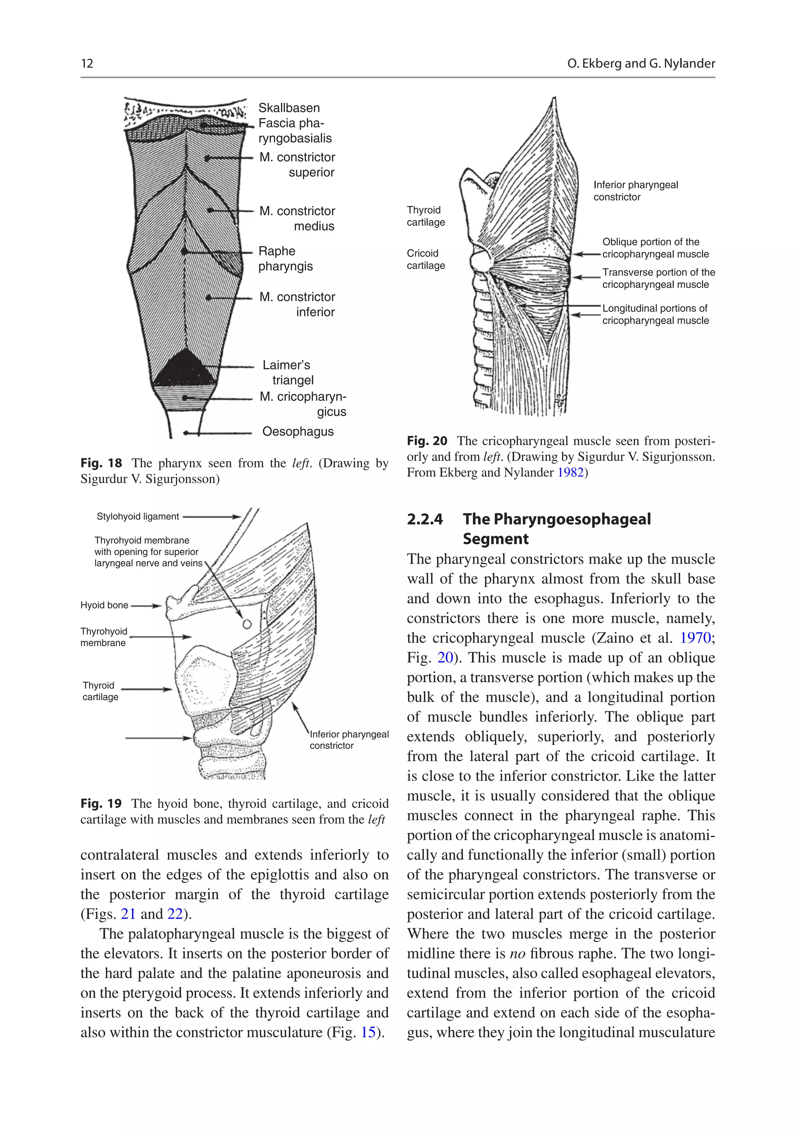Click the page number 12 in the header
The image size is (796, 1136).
point(87,63)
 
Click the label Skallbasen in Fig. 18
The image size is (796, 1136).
point(289,108)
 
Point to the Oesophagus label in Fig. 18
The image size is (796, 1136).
point(298,432)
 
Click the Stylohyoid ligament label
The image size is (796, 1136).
point(138,517)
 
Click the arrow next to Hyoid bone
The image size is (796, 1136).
point(147,606)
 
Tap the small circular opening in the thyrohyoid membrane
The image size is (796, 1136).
point(247,624)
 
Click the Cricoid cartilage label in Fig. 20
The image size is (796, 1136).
point(426,259)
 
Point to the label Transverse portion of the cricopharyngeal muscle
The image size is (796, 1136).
point(658,278)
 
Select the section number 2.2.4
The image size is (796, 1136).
point(424,519)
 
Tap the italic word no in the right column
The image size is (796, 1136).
point(517,953)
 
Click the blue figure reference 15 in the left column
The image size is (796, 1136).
point(368,1033)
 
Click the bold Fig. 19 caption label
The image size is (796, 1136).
point(101,804)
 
